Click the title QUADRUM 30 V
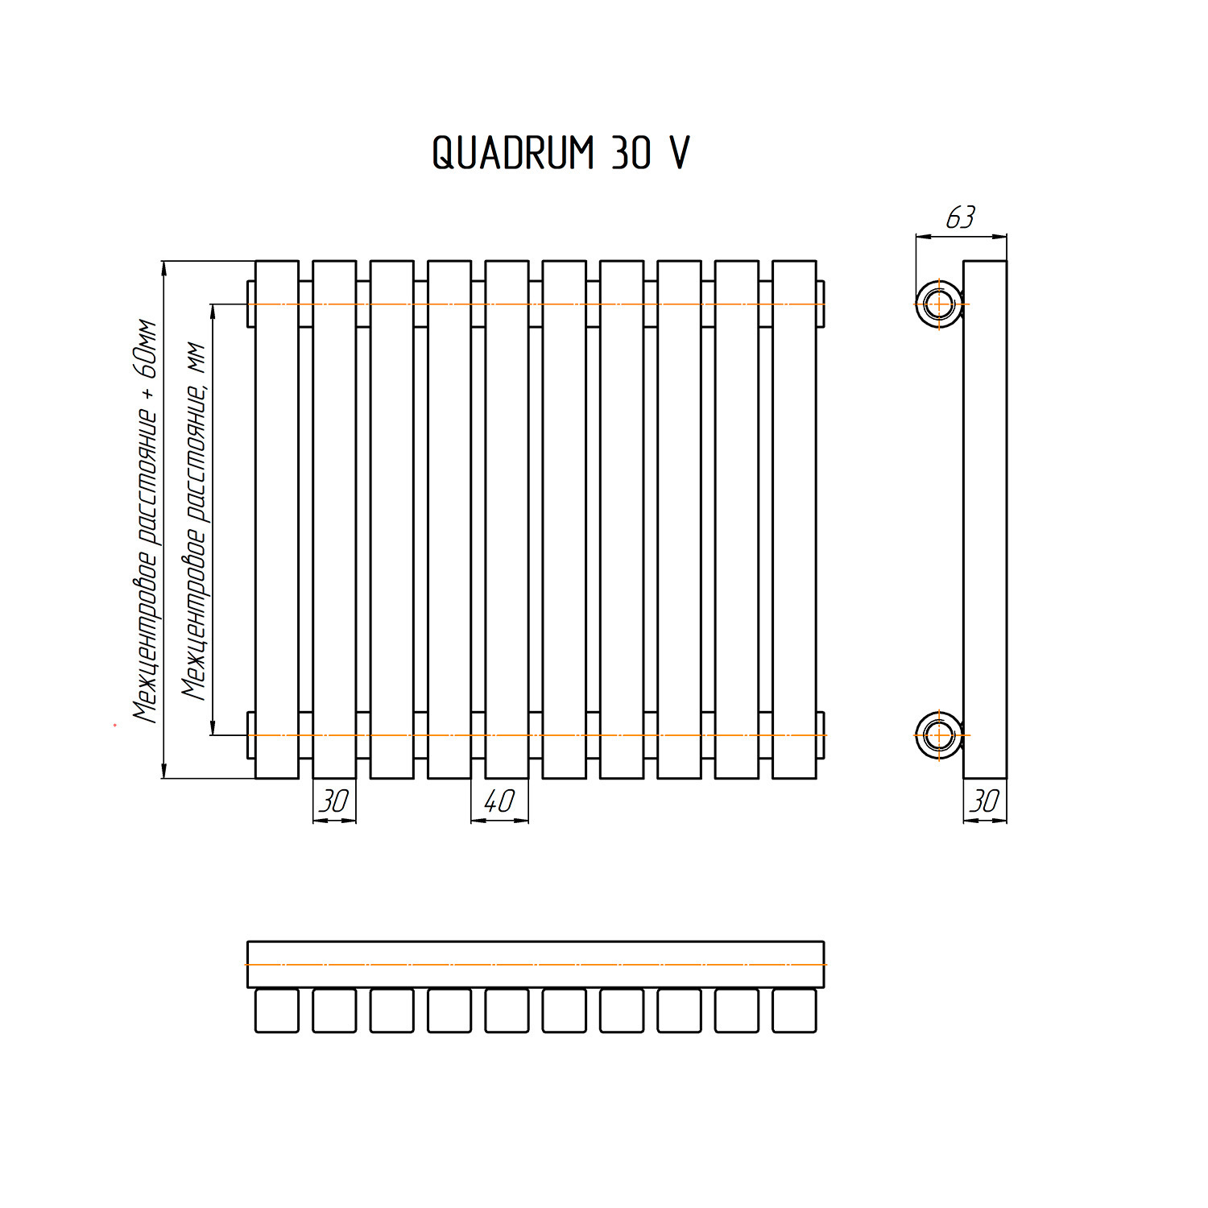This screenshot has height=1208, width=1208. pos(561,152)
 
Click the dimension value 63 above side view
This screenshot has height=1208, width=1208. pos(960,217)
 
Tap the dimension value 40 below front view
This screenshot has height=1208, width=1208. pos(499,801)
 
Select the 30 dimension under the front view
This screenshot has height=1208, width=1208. pos(334,801)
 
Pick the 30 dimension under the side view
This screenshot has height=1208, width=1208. pos(985,801)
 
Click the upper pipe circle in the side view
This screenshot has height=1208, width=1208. pos(938,304)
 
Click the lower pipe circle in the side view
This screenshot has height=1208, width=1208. pos(938,735)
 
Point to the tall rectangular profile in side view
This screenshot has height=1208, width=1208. pos(985,519)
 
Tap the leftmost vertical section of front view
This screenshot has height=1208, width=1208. pos(277,519)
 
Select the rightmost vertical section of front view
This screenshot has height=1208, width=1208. pos(794,519)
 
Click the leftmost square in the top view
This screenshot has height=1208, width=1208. pos(277,1011)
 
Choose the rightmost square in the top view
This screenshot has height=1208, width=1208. pos(794,1011)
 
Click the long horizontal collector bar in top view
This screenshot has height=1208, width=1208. pos(536,964)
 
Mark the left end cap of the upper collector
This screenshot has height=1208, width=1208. pos(250,304)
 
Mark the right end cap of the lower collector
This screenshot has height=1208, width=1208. pos(821,735)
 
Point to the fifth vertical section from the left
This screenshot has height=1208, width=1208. pos(507,519)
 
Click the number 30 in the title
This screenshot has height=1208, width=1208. pos(631,152)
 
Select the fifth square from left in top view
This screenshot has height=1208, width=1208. pos(507,1011)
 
